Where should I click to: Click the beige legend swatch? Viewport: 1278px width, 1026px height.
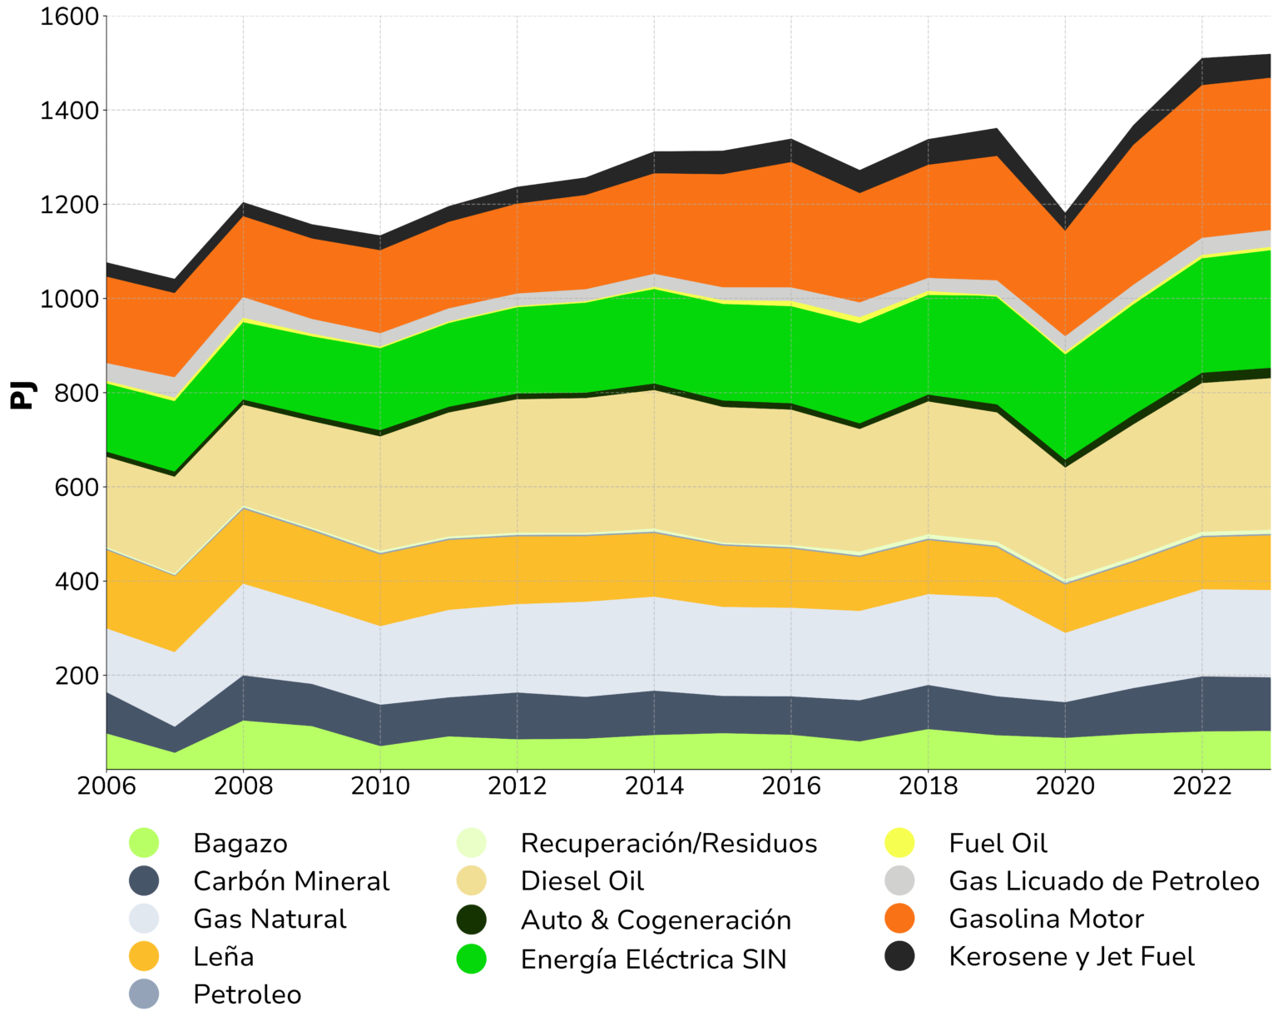tap(489, 884)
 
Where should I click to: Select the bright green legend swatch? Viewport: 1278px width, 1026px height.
tap(474, 965)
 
